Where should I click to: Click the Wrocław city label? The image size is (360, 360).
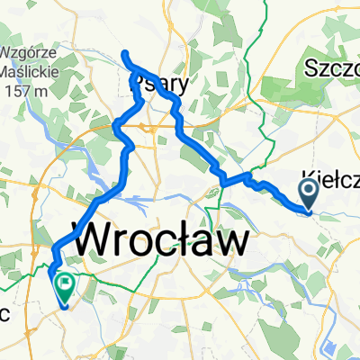(161, 240)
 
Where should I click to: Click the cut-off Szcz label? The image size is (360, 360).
(331, 68)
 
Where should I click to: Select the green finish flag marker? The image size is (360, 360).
(66, 286)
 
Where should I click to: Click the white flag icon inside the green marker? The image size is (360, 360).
(66, 283)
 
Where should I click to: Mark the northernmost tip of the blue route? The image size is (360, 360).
(125, 53)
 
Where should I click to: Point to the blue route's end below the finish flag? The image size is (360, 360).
(67, 306)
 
